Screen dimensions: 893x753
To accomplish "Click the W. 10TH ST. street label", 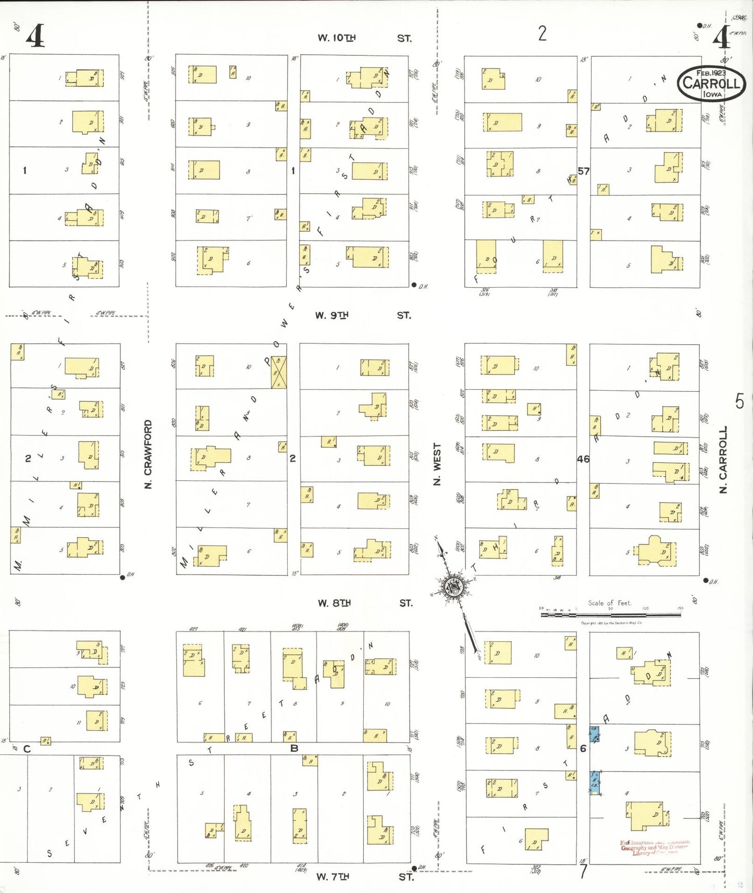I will tap(364, 38).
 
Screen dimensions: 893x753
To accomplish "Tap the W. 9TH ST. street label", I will tap(363, 315).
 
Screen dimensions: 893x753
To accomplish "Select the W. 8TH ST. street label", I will tap(365, 603).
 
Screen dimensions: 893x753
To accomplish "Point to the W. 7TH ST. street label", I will tap(364, 877).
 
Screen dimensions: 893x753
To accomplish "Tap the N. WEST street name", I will tap(437, 464).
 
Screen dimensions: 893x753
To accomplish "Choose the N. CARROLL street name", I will tap(723, 460).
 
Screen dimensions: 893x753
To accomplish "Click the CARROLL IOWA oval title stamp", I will tap(711, 83).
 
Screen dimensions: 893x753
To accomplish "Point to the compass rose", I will tap(452, 587).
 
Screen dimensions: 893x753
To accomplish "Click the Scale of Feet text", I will tap(610, 603).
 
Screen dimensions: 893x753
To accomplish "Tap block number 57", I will tap(584, 171).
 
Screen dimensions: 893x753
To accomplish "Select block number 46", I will tap(583, 459).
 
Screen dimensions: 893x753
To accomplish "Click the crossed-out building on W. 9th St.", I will tap(279, 372).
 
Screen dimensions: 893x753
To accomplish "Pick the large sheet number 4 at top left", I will tap(35, 36).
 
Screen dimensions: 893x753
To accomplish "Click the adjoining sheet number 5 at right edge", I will tap(739, 401).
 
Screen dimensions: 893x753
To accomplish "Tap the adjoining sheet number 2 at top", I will tap(542, 33).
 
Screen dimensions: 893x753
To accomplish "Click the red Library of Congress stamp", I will tap(655, 847).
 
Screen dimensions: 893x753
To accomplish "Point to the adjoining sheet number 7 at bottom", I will tap(583, 872).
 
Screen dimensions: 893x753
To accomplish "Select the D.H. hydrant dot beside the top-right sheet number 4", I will tap(699, 25).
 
